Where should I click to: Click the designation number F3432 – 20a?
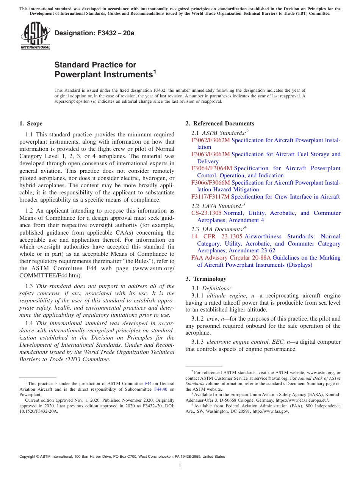[94, 33]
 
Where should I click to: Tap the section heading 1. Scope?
[31, 124]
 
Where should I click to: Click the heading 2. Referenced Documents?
[220, 124]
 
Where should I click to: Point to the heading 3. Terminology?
[206, 279]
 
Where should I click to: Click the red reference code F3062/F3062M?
[210, 140]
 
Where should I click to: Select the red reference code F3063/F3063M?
[210, 154]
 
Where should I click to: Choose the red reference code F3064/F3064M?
[211, 168]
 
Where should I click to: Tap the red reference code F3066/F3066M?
[210, 182]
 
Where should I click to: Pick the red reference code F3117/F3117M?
[210, 197]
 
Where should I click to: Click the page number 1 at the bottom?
[180, 466]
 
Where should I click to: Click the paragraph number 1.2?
[30, 211]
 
